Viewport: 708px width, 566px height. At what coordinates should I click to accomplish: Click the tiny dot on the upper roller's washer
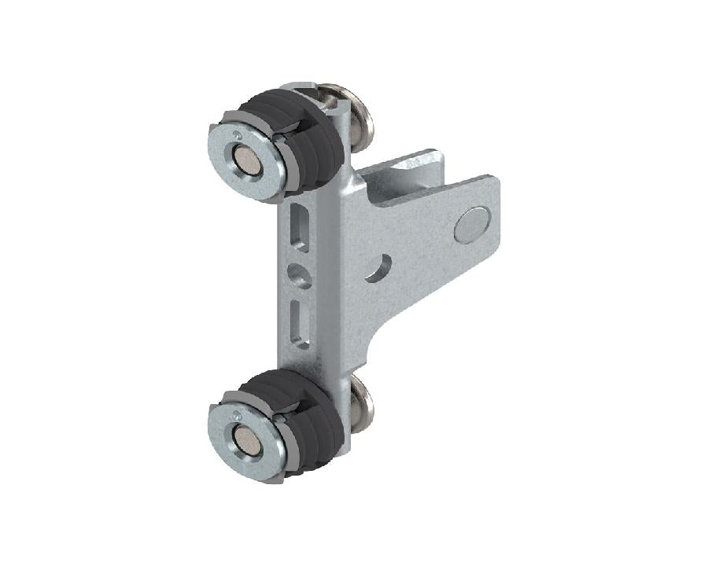[238, 134]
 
